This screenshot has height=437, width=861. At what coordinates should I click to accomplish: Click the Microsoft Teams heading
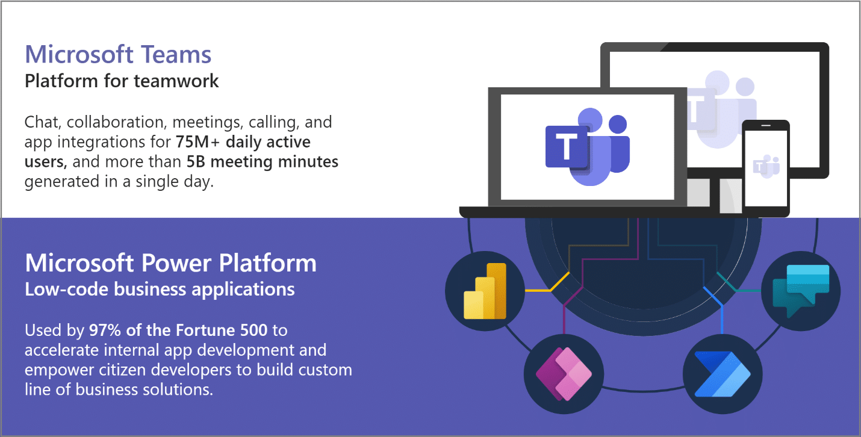[118, 55]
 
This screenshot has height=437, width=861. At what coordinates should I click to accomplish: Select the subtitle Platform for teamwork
[122, 81]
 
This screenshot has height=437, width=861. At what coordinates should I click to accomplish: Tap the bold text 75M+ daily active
[243, 143]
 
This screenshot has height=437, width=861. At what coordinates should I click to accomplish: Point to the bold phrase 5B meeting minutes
[262, 162]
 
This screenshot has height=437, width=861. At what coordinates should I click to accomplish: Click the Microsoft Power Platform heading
[170, 264]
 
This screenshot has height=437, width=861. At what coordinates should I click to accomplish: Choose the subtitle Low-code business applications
[160, 290]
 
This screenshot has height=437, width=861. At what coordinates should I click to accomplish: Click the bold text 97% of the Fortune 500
[178, 330]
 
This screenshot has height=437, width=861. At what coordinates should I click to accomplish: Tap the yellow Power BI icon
[485, 291]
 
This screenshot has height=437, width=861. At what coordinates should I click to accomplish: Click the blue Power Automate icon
[723, 374]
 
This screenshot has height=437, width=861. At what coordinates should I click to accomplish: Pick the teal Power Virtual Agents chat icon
[801, 291]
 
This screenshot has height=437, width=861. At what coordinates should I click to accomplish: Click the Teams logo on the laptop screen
[587, 147]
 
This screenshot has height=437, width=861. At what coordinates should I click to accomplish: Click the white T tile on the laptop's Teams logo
[566, 147]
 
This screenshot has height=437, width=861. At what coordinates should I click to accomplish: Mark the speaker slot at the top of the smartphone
[766, 126]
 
